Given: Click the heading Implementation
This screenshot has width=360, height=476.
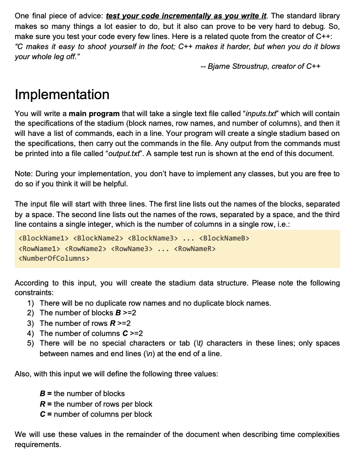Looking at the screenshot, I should point(62,95).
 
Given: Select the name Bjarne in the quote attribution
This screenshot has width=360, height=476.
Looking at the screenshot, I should point(219,67).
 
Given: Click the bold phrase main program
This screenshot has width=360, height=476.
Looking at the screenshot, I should point(94,113).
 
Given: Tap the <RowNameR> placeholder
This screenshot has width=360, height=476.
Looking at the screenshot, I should point(195,248).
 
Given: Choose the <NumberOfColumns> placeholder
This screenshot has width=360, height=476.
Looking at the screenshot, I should point(54,258).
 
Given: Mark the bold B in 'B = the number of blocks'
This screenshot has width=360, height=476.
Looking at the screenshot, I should point(42,394).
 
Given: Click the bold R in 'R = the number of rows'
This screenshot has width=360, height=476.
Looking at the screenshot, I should point(42,404).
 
